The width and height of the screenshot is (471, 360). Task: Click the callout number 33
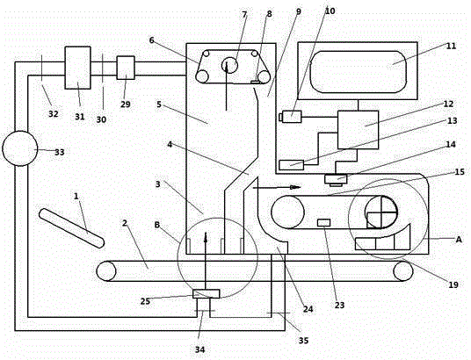(x=60, y=152)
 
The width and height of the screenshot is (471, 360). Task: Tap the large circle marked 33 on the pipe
(x=20, y=148)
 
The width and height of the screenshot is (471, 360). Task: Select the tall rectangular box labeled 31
(x=78, y=68)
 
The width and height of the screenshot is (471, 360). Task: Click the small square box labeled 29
(x=126, y=68)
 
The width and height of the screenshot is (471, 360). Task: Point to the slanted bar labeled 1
(x=71, y=228)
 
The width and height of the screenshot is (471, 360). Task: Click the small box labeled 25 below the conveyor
(x=206, y=293)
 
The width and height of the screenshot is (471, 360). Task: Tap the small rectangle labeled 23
(x=323, y=222)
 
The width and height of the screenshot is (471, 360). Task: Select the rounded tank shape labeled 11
(x=359, y=72)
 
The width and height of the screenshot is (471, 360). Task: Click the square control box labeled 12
(x=358, y=130)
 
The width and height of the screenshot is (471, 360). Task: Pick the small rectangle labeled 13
(x=292, y=165)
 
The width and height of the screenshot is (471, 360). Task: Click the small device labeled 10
(x=290, y=117)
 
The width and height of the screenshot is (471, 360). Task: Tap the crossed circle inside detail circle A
(x=380, y=212)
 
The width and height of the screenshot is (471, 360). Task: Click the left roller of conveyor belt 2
(x=106, y=270)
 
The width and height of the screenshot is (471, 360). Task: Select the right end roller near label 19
(x=403, y=270)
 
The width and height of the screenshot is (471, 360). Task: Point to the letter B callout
(x=156, y=225)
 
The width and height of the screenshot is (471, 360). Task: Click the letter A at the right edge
(x=459, y=240)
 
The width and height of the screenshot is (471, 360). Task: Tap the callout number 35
(x=303, y=341)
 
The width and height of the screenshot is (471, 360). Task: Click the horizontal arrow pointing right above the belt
(x=277, y=188)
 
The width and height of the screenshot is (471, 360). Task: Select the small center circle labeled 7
(x=229, y=65)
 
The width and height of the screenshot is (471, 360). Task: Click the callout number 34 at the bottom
(x=200, y=349)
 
